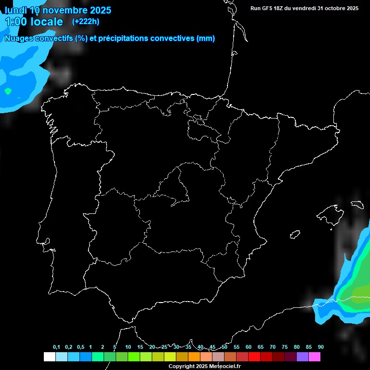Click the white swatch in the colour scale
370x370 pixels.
coord(49,357)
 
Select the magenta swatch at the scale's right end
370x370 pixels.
coord(315,357)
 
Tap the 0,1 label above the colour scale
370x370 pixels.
coord(56,347)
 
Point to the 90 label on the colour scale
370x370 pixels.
coord(320,347)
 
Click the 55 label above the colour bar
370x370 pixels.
coord(236,347)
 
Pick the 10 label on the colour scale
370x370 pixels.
coord(128,347)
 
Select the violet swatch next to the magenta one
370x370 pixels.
coord(303,357)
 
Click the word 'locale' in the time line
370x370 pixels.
coord(47,22)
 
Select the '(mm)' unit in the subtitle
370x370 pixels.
coord(206,39)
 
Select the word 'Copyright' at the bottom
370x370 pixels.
coord(181,367)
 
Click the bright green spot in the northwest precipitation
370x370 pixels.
coord(8,91)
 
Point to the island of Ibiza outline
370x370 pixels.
coord(295,234)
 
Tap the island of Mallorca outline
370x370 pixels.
coord(332,215)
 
